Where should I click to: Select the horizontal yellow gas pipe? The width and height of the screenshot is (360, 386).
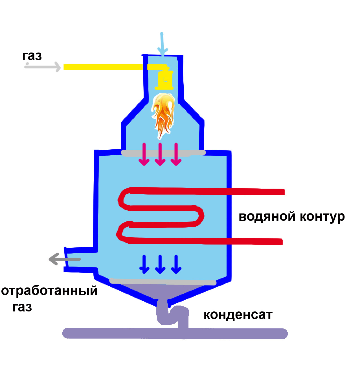click(103, 67)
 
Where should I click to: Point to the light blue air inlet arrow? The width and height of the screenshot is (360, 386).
click(162, 44)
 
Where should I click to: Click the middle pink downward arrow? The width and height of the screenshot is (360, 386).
click(160, 154)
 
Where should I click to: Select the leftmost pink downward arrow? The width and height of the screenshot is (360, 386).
click(144, 154)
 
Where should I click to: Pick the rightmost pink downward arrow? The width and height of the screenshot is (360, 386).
click(176, 154)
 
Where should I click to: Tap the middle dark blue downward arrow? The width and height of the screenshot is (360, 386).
click(160, 264)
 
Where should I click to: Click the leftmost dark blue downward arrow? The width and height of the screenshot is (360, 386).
click(144, 264)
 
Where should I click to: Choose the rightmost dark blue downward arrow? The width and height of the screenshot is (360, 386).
click(176, 264)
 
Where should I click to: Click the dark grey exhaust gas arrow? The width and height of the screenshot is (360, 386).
click(65, 259)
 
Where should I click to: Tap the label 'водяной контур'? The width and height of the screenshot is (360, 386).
click(292, 217)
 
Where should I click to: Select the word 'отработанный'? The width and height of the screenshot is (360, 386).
click(49, 291)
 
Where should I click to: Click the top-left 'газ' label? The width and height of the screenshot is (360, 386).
click(32, 56)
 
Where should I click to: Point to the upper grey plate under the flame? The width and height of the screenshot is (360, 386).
click(163, 153)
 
